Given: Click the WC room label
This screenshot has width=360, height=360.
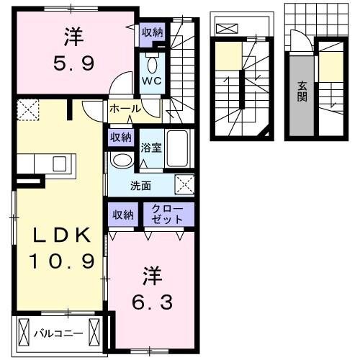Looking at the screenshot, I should click(x=152, y=81).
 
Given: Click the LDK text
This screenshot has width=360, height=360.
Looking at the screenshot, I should click(x=60, y=235).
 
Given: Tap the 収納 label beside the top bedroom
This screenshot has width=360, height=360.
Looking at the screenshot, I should click(x=152, y=32).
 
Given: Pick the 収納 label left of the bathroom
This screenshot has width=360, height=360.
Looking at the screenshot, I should click(x=121, y=137).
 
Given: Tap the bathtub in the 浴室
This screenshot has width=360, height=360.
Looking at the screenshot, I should click(x=177, y=148).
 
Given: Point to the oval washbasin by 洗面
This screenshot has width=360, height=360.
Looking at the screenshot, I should click(x=123, y=160).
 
